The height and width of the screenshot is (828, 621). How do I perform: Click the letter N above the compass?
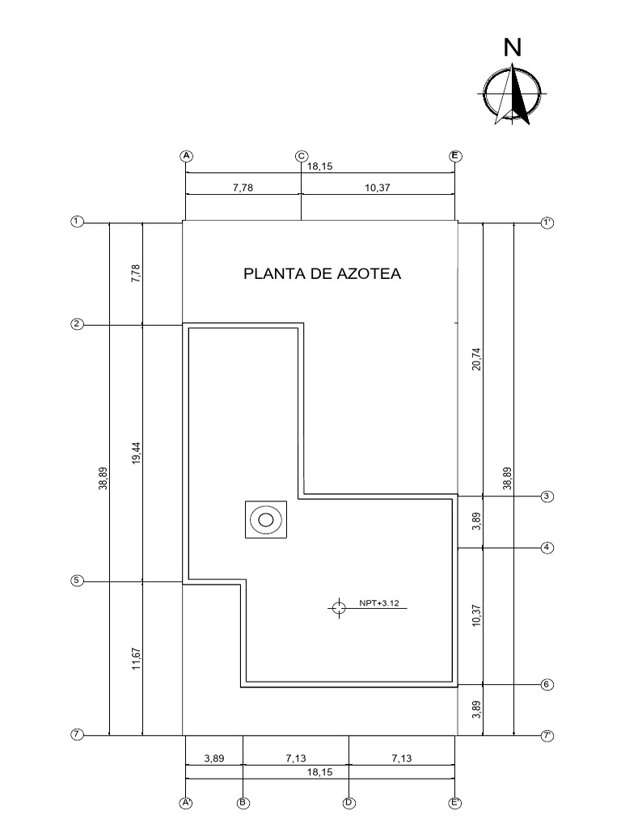coord(513,49)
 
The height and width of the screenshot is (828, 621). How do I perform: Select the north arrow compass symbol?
coord(511,94)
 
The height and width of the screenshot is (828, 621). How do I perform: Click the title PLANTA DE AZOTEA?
coord(323,274)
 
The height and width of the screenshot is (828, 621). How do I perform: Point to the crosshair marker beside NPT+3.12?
coord(339,606)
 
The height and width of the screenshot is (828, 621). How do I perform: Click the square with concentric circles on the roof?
coord(266,519)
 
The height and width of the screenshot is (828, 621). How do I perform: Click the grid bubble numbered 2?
coord(78,324)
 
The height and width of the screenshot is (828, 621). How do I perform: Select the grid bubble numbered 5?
coord(78,581)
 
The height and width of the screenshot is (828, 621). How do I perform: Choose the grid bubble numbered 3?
coord(547,496)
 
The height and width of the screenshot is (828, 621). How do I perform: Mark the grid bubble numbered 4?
coord(547,547)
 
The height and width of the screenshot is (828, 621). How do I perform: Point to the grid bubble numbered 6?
coord(547,684)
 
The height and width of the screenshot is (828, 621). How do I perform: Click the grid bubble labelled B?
coord(243,803)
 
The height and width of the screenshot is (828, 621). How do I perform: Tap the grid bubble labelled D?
coord(349,803)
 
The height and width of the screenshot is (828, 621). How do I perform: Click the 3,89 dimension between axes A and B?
coord(214,758)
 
